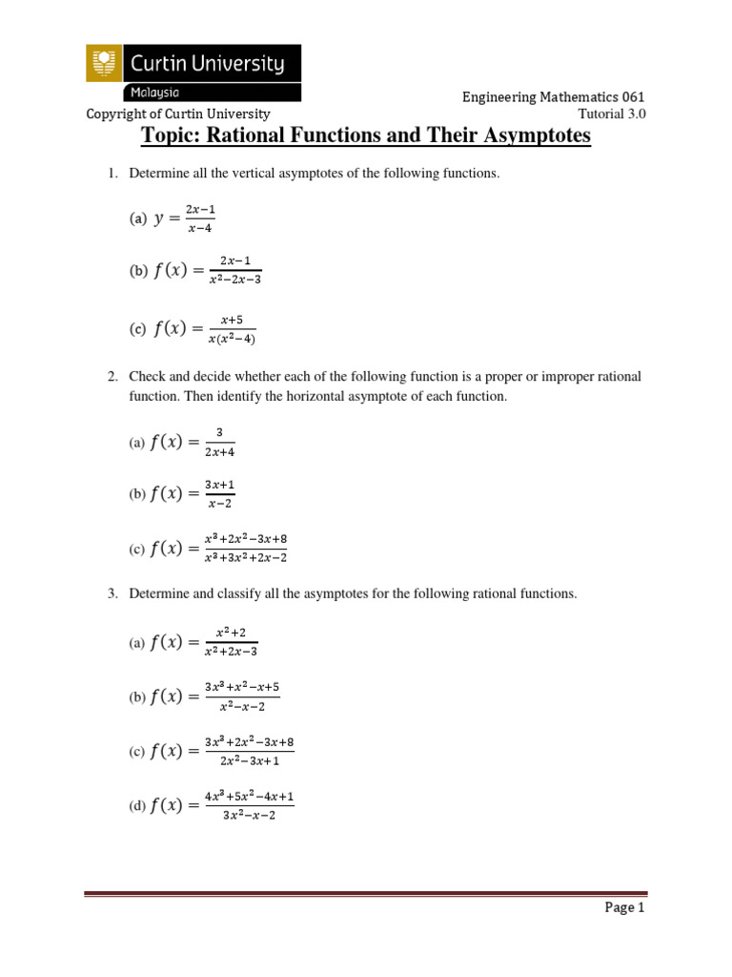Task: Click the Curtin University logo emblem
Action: click(x=104, y=64)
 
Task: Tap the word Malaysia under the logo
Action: click(x=152, y=93)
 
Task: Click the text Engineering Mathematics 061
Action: click(x=553, y=97)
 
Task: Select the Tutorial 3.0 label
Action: click(x=619, y=114)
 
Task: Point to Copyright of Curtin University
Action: click(x=178, y=114)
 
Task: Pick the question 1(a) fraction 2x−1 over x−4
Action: click(x=199, y=218)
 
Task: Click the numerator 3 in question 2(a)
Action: click(x=218, y=432)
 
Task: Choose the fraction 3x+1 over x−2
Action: click(x=219, y=493)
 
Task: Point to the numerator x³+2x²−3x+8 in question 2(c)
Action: click(x=245, y=538)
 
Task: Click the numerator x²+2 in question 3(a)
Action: click(x=230, y=633)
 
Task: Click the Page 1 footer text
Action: click(x=625, y=908)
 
